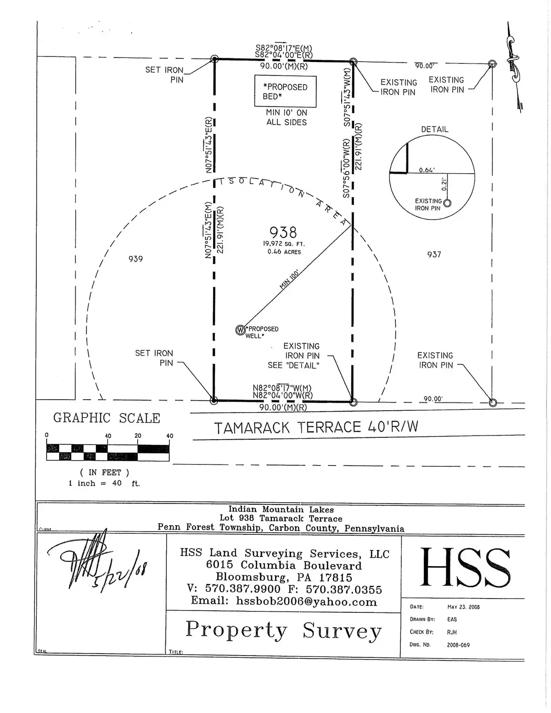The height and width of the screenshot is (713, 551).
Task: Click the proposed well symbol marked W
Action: click(240, 330)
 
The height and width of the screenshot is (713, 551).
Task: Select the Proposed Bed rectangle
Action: click(285, 91)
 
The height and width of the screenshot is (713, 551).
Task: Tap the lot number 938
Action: click(283, 232)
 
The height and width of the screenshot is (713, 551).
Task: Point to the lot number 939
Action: click(135, 259)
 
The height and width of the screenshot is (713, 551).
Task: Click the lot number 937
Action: click(434, 255)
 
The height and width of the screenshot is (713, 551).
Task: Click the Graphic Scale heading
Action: click(107, 418)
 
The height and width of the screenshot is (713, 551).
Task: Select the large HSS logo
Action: click(465, 567)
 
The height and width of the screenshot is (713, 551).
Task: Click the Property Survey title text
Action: click(283, 630)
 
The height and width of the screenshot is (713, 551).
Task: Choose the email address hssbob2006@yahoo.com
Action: click(306, 601)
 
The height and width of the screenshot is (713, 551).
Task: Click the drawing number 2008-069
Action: click(458, 645)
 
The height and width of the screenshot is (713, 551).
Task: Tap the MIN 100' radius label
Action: click(289, 279)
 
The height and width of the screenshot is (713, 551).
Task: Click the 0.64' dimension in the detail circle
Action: click(427, 170)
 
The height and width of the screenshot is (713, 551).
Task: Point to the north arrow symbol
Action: click(512, 60)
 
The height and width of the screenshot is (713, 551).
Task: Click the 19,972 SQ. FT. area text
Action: click(284, 244)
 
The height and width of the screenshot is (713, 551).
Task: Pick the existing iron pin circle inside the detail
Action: click(447, 203)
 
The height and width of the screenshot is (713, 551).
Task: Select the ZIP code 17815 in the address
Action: click(336, 577)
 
